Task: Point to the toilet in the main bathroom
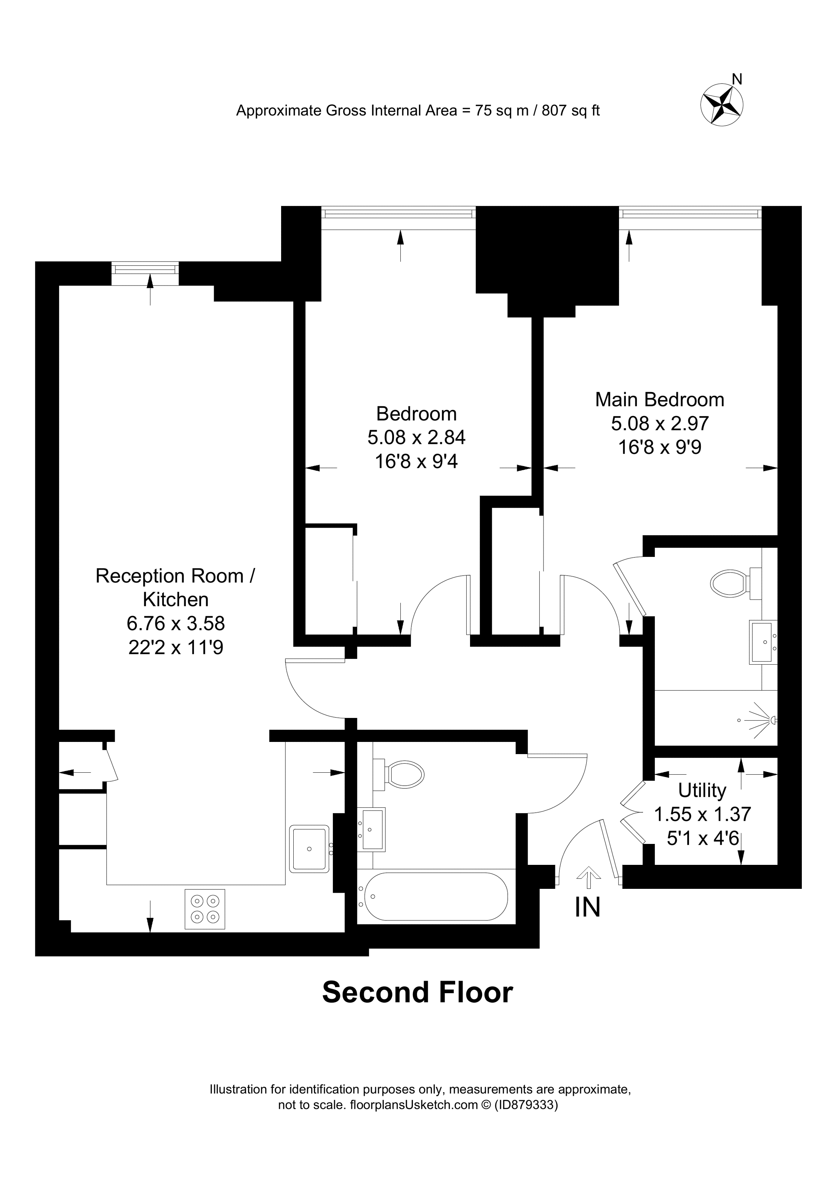click(x=404, y=775)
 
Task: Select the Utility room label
click(x=702, y=790)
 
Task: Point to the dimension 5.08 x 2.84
click(x=416, y=438)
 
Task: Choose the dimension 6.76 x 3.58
click(x=176, y=624)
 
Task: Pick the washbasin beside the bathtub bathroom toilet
click(x=372, y=829)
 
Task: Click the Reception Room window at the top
click(x=145, y=270)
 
